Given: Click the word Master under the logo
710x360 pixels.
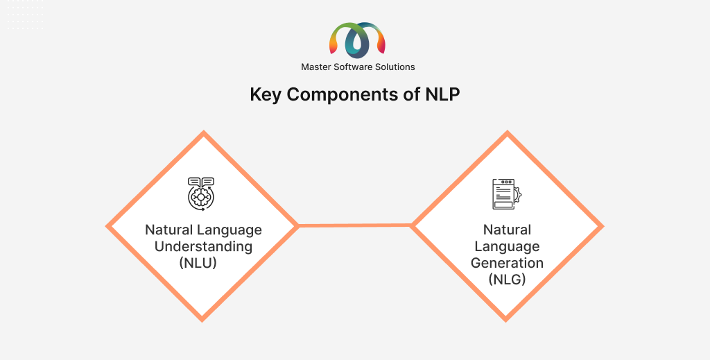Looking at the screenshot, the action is (316, 67).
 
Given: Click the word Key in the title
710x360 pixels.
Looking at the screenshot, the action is (266, 95).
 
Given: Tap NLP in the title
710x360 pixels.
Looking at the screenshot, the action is (442, 94).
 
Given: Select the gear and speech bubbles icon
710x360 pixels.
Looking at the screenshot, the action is (201, 194).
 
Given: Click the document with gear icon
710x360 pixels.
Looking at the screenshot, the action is (507, 194).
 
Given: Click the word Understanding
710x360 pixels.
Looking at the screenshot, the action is (203, 247).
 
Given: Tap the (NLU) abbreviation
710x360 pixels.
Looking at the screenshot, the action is (198, 263).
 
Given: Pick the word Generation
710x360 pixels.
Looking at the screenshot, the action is (507, 263).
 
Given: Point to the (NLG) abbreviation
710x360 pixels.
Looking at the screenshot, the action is (507, 280).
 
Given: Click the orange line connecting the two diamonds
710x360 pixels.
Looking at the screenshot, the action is (354, 225).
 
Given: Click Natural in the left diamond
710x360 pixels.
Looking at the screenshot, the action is (169, 230).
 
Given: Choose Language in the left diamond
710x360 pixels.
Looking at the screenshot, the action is (229, 231).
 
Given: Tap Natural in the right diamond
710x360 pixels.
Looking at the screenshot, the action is (507, 230).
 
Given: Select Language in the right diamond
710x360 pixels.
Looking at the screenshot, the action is (507, 247).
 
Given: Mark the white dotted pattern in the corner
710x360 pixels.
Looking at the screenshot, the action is (26, 15).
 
